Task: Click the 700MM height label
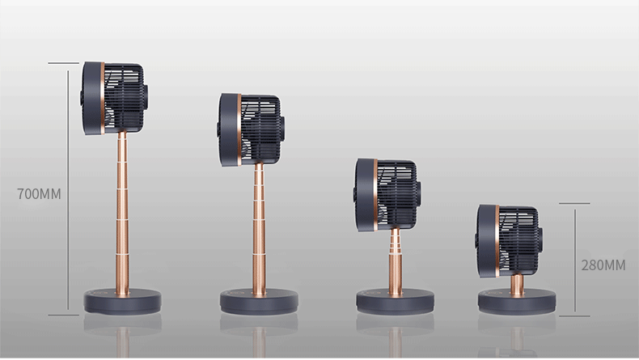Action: click(x=39, y=193)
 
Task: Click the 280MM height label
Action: click(x=603, y=265)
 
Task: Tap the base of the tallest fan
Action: click(x=122, y=301)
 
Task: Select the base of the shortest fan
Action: click(x=517, y=301)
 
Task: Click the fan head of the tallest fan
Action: click(x=114, y=98)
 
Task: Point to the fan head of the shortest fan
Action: click(x=509, y=241)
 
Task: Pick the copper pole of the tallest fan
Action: click(x=122, y=213)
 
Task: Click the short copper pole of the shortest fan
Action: click(x=517, y=285)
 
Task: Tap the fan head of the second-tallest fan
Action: click(x=251, y=130)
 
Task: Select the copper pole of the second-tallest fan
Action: click(x=259, y=229)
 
